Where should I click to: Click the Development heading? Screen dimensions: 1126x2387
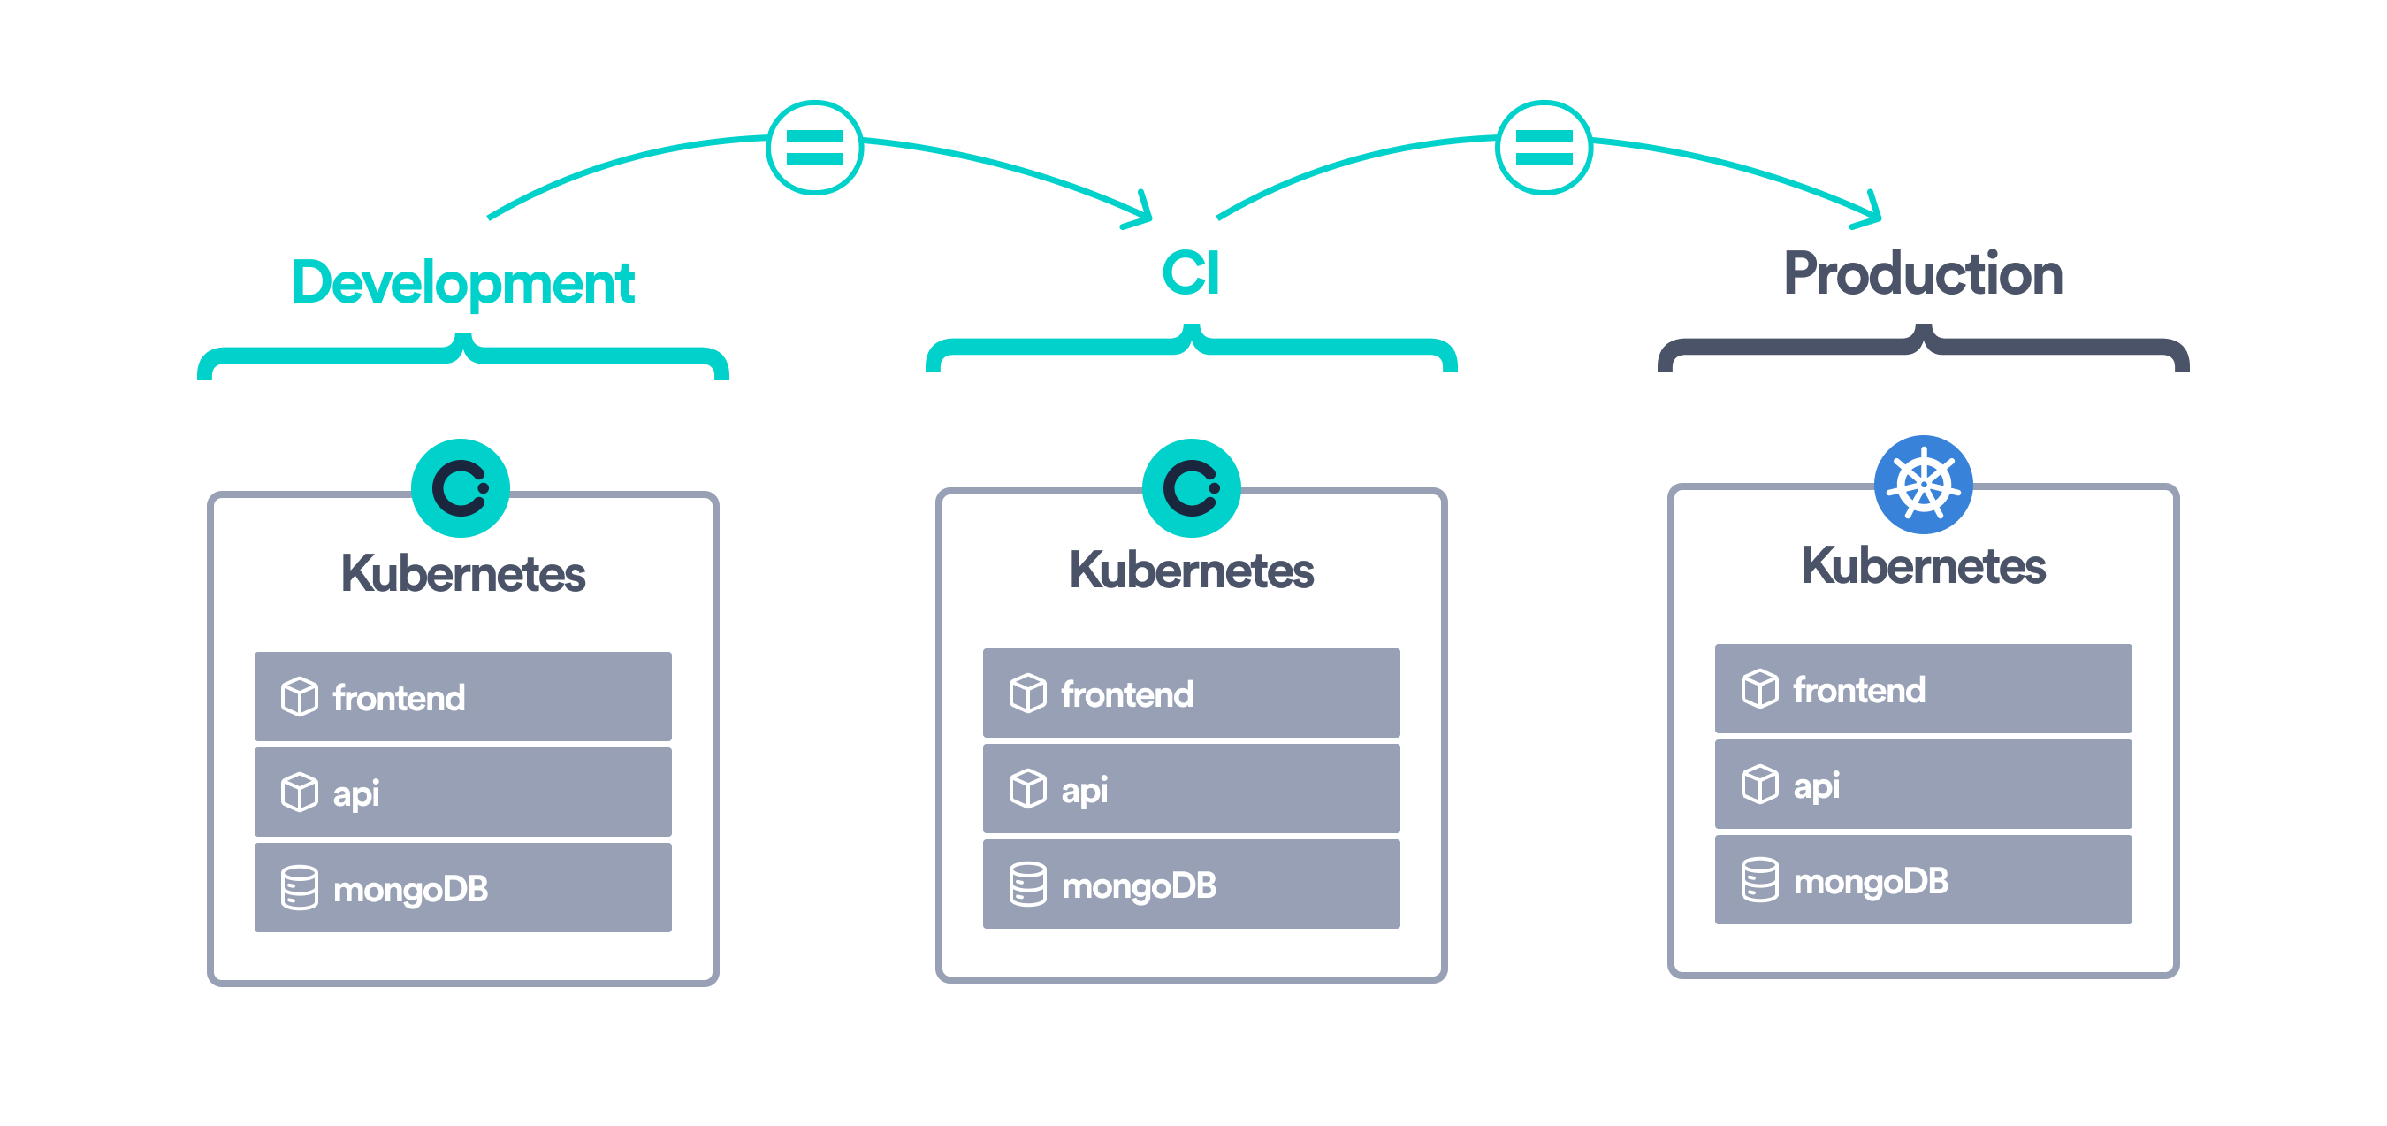(462, 283)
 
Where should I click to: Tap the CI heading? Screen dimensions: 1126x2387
(1191, 273)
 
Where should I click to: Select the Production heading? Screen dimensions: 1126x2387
(1923, 274)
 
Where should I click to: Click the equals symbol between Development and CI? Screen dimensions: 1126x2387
(814, 148)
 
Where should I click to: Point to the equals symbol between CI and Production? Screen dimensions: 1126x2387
(1544, 148)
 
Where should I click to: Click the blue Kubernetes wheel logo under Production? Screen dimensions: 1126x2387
(1923, 485)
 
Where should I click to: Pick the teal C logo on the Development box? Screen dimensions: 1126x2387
(461, 487)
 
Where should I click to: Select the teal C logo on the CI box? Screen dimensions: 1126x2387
(1191, 487)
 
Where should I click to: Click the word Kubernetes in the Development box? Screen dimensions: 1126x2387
(462, 574)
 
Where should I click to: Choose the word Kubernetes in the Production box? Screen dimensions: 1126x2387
(1923, 566)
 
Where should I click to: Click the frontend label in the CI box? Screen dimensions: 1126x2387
(1127, 694)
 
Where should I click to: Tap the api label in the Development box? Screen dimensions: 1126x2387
(355, 793)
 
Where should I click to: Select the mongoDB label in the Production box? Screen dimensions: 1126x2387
(1870, 881)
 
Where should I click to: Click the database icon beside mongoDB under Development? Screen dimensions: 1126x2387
(300, 888)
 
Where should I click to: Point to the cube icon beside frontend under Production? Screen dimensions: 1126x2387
(1758, 690)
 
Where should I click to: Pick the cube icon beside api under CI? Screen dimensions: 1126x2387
(1027, 790)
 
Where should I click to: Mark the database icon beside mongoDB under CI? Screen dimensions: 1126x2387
(1027, 885)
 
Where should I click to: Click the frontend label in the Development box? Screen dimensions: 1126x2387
(399, 698)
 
